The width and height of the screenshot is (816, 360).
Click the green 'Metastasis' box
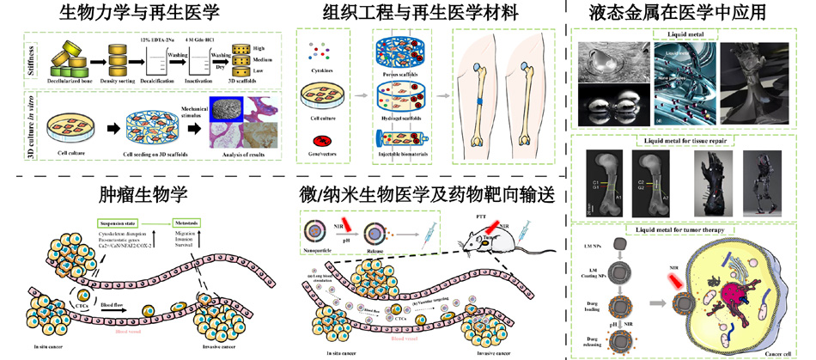pyautogui.click(x=192, y=220)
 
